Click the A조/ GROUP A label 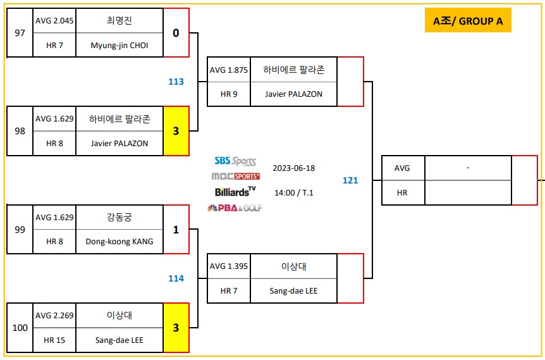[468, 21]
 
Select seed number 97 [20, 33]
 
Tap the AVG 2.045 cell [54, 20]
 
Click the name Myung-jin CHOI [119, 45]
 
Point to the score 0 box [176, 33]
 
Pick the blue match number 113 [176, 82]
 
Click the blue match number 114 [176, 278]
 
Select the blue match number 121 [350, 180]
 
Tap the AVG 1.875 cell [229, 70]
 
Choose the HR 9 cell [229, 94]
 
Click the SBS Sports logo [235, 161]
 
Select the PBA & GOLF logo [235, 208]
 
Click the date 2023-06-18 [293, 168]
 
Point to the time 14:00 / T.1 [293, 193]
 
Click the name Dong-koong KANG [119, 242]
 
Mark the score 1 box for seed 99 [176, 230]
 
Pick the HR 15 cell [54, 340]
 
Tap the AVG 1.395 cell [229, 266]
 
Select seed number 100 [20, 328]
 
